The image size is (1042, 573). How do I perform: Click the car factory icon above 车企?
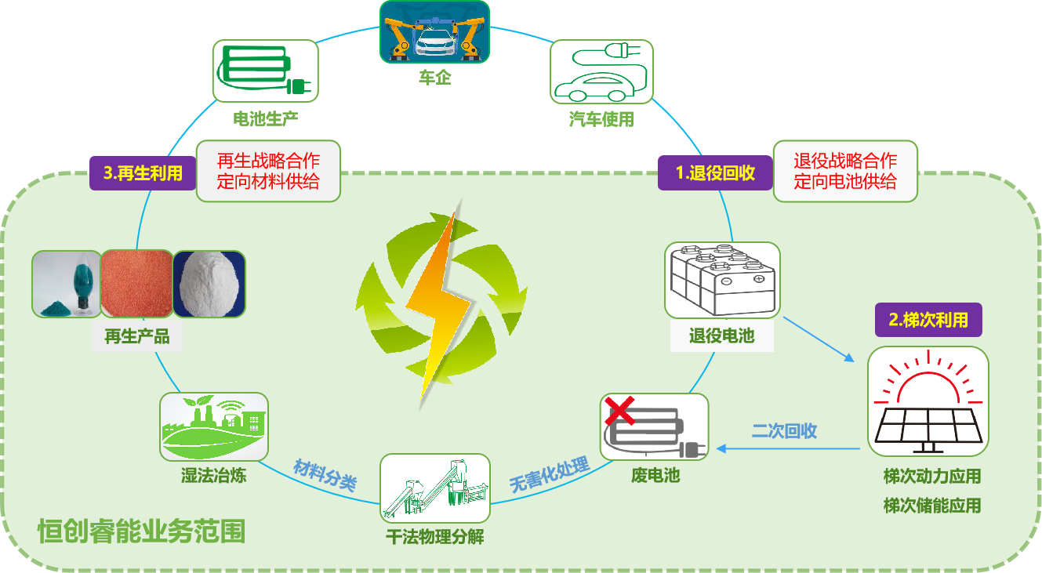coord(434,31)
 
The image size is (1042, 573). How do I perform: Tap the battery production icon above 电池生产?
coord(265,71)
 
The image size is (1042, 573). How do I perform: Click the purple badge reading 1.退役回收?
coord(715,173)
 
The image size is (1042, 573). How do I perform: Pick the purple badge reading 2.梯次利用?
coord(928,320)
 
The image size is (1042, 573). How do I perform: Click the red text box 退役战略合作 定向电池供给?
coord(845,171)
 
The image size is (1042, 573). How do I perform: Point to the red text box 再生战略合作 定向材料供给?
coord(268,171)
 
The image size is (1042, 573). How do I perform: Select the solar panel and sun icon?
coord(928,401)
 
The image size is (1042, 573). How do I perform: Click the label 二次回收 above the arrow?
coord(784,430)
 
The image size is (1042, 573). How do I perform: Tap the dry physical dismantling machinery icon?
coord(434,488)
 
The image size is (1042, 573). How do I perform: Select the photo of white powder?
coord(209,284)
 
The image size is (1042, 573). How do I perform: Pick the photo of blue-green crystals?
coord(66,284)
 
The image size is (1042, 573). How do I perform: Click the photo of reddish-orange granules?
coord(136,284)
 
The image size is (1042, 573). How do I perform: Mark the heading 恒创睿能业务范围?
coord(141,531)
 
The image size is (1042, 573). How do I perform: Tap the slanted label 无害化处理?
coord(549,475)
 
